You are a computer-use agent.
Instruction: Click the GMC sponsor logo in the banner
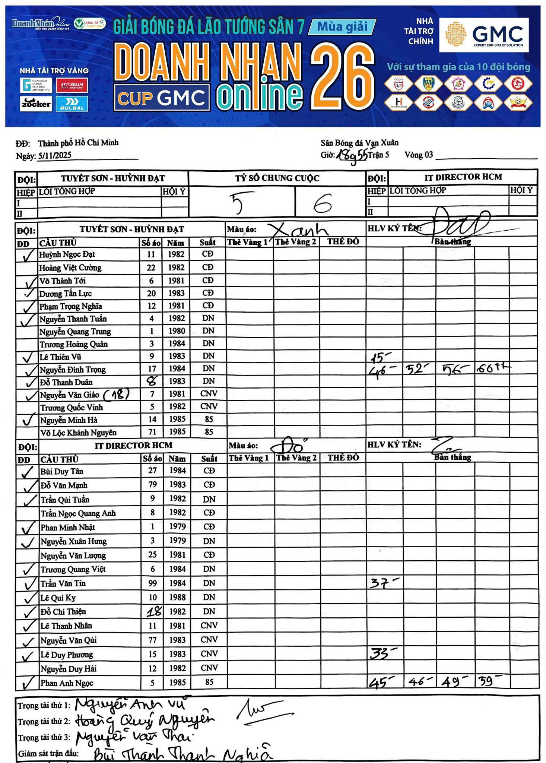[x=484, y=35]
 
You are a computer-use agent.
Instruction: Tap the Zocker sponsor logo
[x=36, y=104]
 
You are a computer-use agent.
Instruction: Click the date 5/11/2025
[x=54, y=156]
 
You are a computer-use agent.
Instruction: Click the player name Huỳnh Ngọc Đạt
[x=67, y=254]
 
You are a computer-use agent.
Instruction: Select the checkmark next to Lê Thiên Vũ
[x=27, y=357]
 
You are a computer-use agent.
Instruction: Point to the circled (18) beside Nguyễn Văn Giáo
[x=116, y=395]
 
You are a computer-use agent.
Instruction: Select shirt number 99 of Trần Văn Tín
[x=152, y=583]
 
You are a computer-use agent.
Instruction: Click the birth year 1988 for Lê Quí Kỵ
[x=177, y=597]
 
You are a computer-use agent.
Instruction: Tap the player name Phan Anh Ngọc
[x=67, y=683]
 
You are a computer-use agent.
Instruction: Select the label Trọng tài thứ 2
[x=44, y=722]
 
